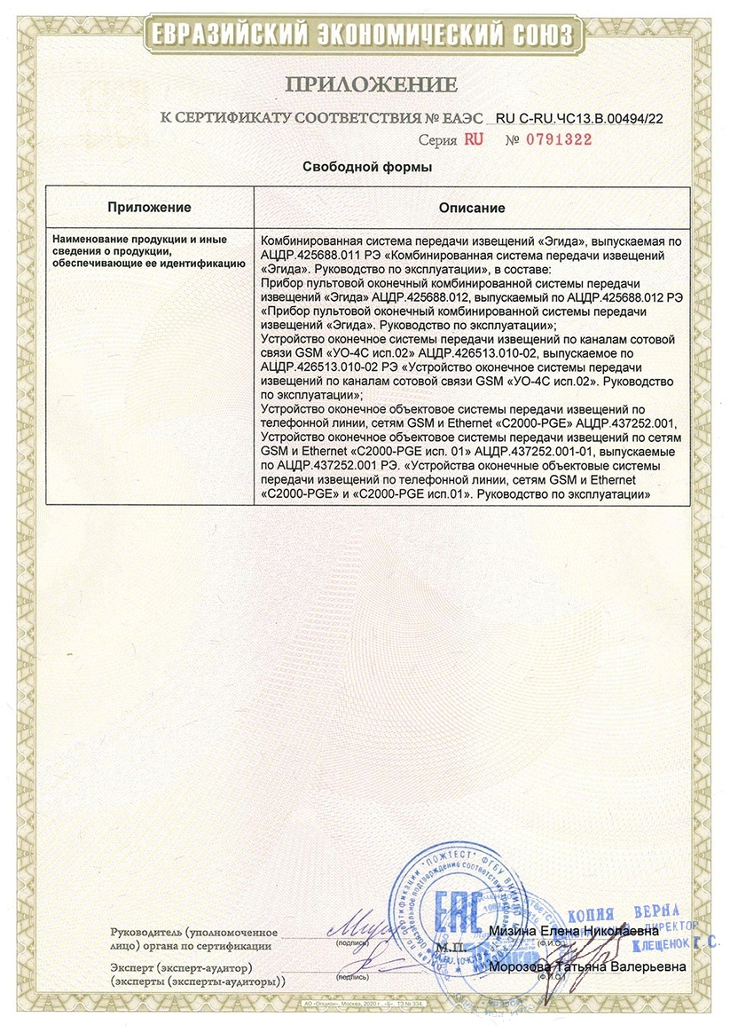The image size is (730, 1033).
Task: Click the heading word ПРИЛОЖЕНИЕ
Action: tap(371, 85)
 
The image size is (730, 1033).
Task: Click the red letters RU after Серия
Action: tap(472, 139)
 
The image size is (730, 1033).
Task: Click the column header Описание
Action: tap(472, 208)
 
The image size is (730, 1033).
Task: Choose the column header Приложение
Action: tap(149, 208)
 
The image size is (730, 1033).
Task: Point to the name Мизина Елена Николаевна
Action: tap(573, 931)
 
